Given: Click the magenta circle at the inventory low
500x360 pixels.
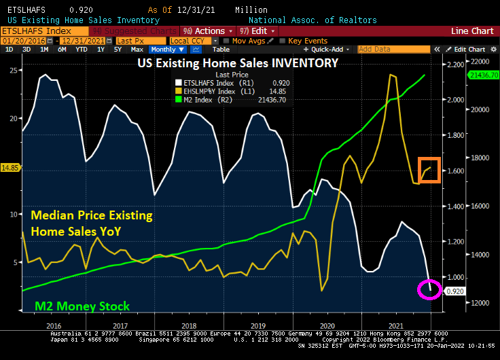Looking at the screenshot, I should coord(428,290).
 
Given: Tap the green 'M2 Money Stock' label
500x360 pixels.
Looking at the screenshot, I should coord(81,306).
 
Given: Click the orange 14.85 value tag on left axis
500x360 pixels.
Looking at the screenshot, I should coord(10,167).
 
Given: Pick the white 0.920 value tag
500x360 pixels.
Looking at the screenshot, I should coord(454,291).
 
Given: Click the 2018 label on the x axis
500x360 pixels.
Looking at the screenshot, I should coord(190,325).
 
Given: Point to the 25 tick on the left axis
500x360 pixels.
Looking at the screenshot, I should coord(14,71).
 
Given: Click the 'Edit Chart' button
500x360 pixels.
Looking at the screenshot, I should coord(469,50).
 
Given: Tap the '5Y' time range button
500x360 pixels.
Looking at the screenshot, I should coord(118,50).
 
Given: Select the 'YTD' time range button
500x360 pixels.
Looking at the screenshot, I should coord(81,50).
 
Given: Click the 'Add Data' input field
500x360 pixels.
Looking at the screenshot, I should coord(382,50).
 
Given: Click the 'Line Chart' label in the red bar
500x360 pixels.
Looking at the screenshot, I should coord(472,31).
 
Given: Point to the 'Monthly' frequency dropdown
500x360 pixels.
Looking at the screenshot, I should coord(165,50).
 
